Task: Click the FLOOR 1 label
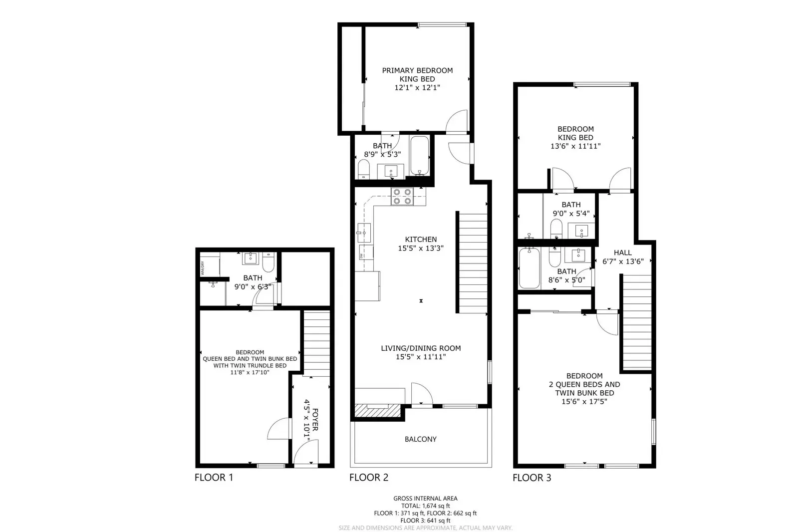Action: [x=214, y=478]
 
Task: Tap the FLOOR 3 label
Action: [x=532, y=478]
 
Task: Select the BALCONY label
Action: [x=420, y=439]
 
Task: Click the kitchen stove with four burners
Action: [x=402, y=196]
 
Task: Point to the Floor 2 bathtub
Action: [x=420, y=156]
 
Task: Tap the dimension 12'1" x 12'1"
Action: [x=417, y=87]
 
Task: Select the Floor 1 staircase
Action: [x=316, y=343]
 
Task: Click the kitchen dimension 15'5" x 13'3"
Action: [x=421, y=248]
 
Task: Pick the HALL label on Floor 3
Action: [x=623, y=253]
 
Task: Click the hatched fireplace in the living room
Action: [x=378, y=410]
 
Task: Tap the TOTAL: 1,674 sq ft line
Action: [x=425, y=506]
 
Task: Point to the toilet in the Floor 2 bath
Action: [x=364, y=169]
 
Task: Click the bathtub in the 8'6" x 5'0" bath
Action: [x=529, y=268]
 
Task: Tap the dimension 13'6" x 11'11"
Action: [x=575, y=146]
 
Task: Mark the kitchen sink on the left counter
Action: [x=364, y=233]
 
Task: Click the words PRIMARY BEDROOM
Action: [x=417, y=70]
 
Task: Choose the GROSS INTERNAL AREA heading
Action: [x=425, y=498]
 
